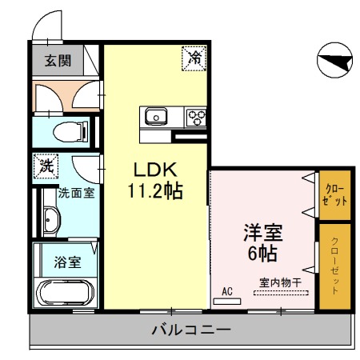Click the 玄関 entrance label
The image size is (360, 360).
coord(57,60)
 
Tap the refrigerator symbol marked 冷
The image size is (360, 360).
coord(194,57)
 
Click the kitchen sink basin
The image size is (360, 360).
coord(154,116)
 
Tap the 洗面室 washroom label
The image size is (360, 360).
coord(78,194)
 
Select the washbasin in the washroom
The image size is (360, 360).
coord(52,218)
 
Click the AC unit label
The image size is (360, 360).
coord(226,292)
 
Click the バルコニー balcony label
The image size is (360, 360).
coord(190,330)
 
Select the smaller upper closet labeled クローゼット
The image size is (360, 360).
coord(335,194)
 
